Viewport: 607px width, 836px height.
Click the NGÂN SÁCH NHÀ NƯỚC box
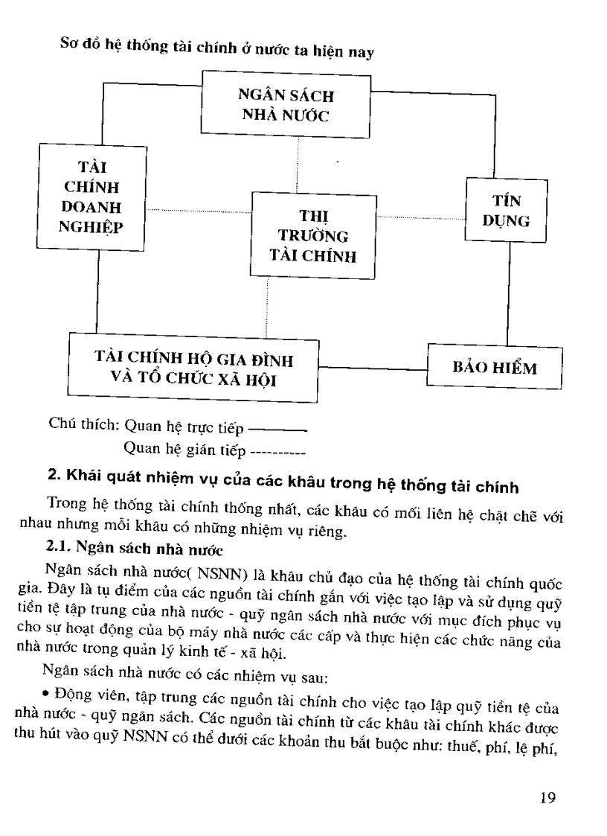286,104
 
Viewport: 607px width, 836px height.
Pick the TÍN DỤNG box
506,211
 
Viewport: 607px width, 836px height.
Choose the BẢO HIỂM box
495,367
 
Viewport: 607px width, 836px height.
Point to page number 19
548,798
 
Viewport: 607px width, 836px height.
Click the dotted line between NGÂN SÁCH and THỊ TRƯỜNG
298,165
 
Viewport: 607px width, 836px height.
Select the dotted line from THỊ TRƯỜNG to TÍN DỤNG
420,217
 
